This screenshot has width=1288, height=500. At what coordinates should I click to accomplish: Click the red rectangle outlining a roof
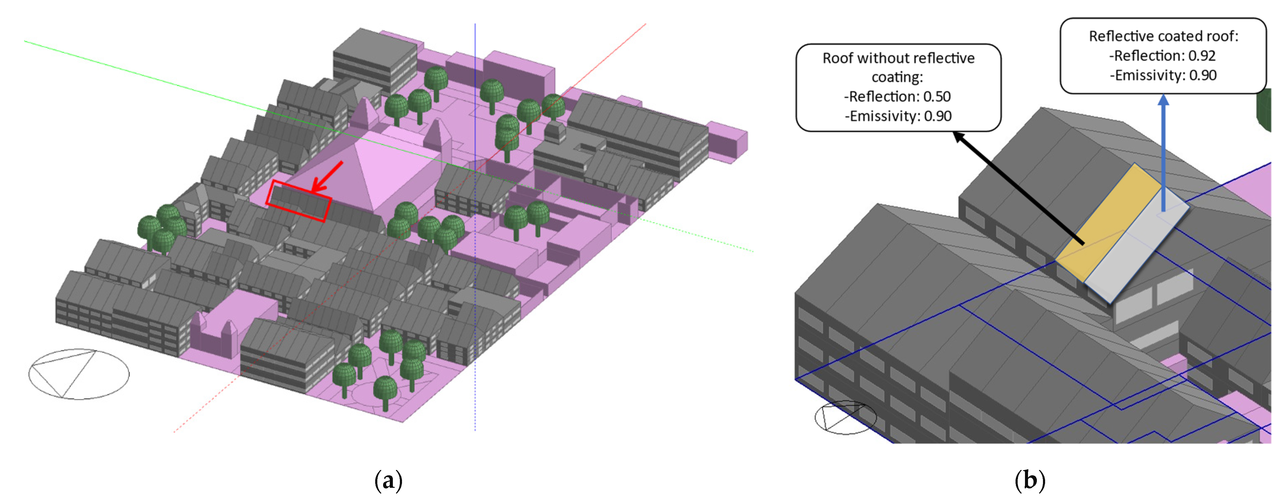298,201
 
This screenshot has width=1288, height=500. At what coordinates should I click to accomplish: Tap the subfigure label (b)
1030,480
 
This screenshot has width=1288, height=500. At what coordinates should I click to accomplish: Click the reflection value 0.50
937,97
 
